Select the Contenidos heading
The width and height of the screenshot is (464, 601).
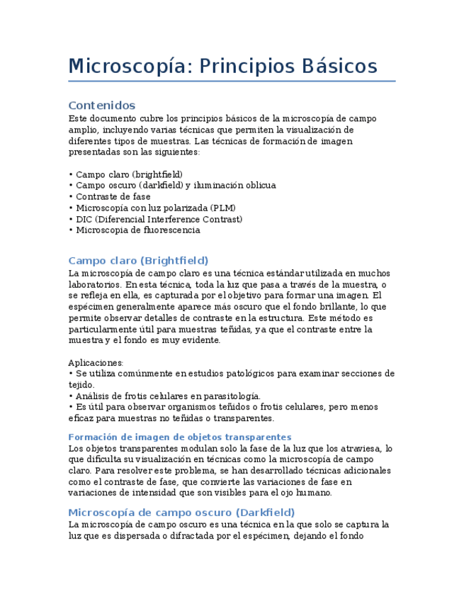pyautogui.click(x=101, y=106)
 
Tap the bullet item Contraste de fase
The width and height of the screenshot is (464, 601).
pyautogui.click(x=113, y=196)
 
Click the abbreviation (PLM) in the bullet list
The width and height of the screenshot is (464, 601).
pyautogui.click(x=223, y=208)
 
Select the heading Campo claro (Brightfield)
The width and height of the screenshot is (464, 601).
pyautogui.click(x=138, y=261)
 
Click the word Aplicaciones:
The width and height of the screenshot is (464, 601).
pyautogui.click(x=96, y=362)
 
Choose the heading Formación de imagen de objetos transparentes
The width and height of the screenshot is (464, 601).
pyautogui.click(x=180, y=437)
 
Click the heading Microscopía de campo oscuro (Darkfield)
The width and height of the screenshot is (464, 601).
pyautogui.click(x=181, y=512)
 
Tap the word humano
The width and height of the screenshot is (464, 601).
pyautogui.click(x=315, y=493)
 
